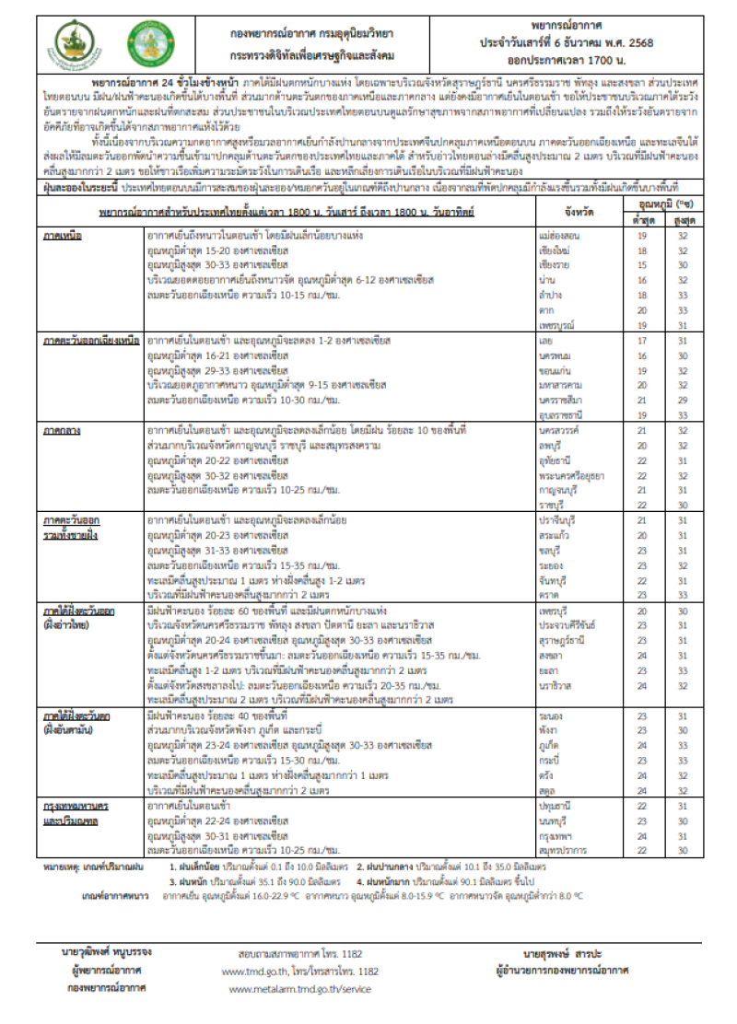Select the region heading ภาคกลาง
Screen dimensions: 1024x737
point(64,429)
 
